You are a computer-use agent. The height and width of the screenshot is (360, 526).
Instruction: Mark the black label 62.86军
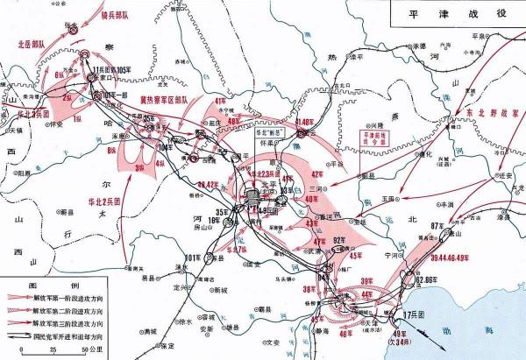point(426,279)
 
